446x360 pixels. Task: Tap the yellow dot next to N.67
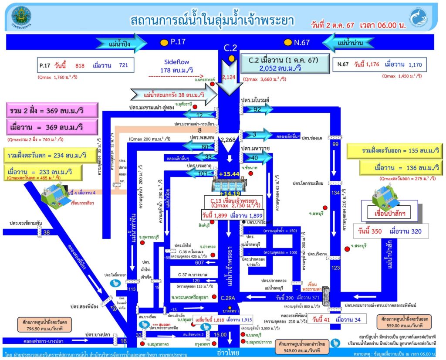click(288, 42)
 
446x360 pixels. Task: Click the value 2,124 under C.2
click(229, 78)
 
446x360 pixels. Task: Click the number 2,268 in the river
click(228, 140)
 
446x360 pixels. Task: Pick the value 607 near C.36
click(200, 262)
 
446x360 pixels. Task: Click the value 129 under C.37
click(196, 281)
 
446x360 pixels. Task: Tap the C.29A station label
click(227, 299)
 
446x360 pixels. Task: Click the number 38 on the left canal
click(47, 232)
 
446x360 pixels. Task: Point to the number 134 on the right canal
click(335, 193)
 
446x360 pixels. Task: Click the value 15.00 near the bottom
click(221, 335)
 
